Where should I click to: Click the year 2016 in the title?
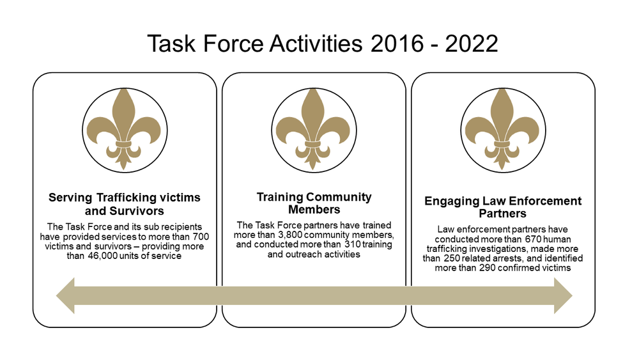391,43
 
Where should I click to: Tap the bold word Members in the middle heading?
314,209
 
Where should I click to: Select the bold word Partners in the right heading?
503,213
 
